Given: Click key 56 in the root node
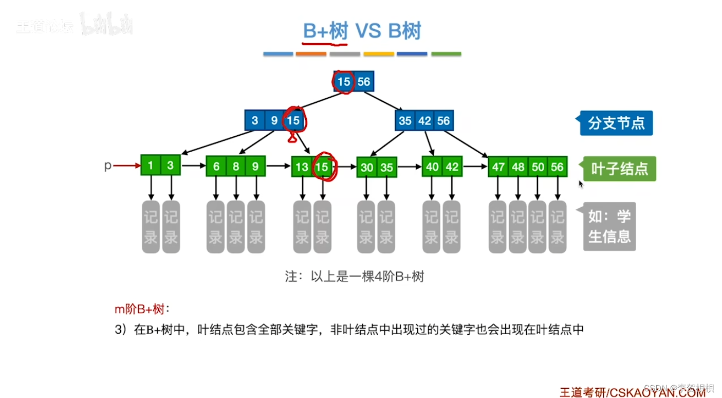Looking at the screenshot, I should click(363, 81).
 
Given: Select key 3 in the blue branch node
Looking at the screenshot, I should click(255, 120).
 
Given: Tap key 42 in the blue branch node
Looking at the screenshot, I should click(425, 120).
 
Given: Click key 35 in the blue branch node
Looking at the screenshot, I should click(405, 120).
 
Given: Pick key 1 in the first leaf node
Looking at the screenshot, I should click(151, 166).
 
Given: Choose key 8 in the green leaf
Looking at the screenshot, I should click(236, 166).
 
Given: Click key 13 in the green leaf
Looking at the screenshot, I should click(302, 167).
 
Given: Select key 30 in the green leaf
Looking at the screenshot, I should click(367, 167).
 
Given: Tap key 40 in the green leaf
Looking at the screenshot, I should click(432, 167).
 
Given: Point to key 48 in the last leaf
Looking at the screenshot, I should click(518, 167).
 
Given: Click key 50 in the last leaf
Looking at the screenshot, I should click(538, 167).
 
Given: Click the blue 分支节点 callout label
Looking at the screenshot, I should click(616, 123).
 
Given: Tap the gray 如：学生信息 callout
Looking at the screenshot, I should click(609, 226).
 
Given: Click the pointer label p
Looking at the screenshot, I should click(108, 166).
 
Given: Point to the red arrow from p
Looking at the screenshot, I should click(126, 166).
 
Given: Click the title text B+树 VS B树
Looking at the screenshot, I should click(362, 31).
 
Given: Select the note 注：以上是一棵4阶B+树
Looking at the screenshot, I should click(355, 277).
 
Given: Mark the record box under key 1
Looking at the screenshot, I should click(151, 227).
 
